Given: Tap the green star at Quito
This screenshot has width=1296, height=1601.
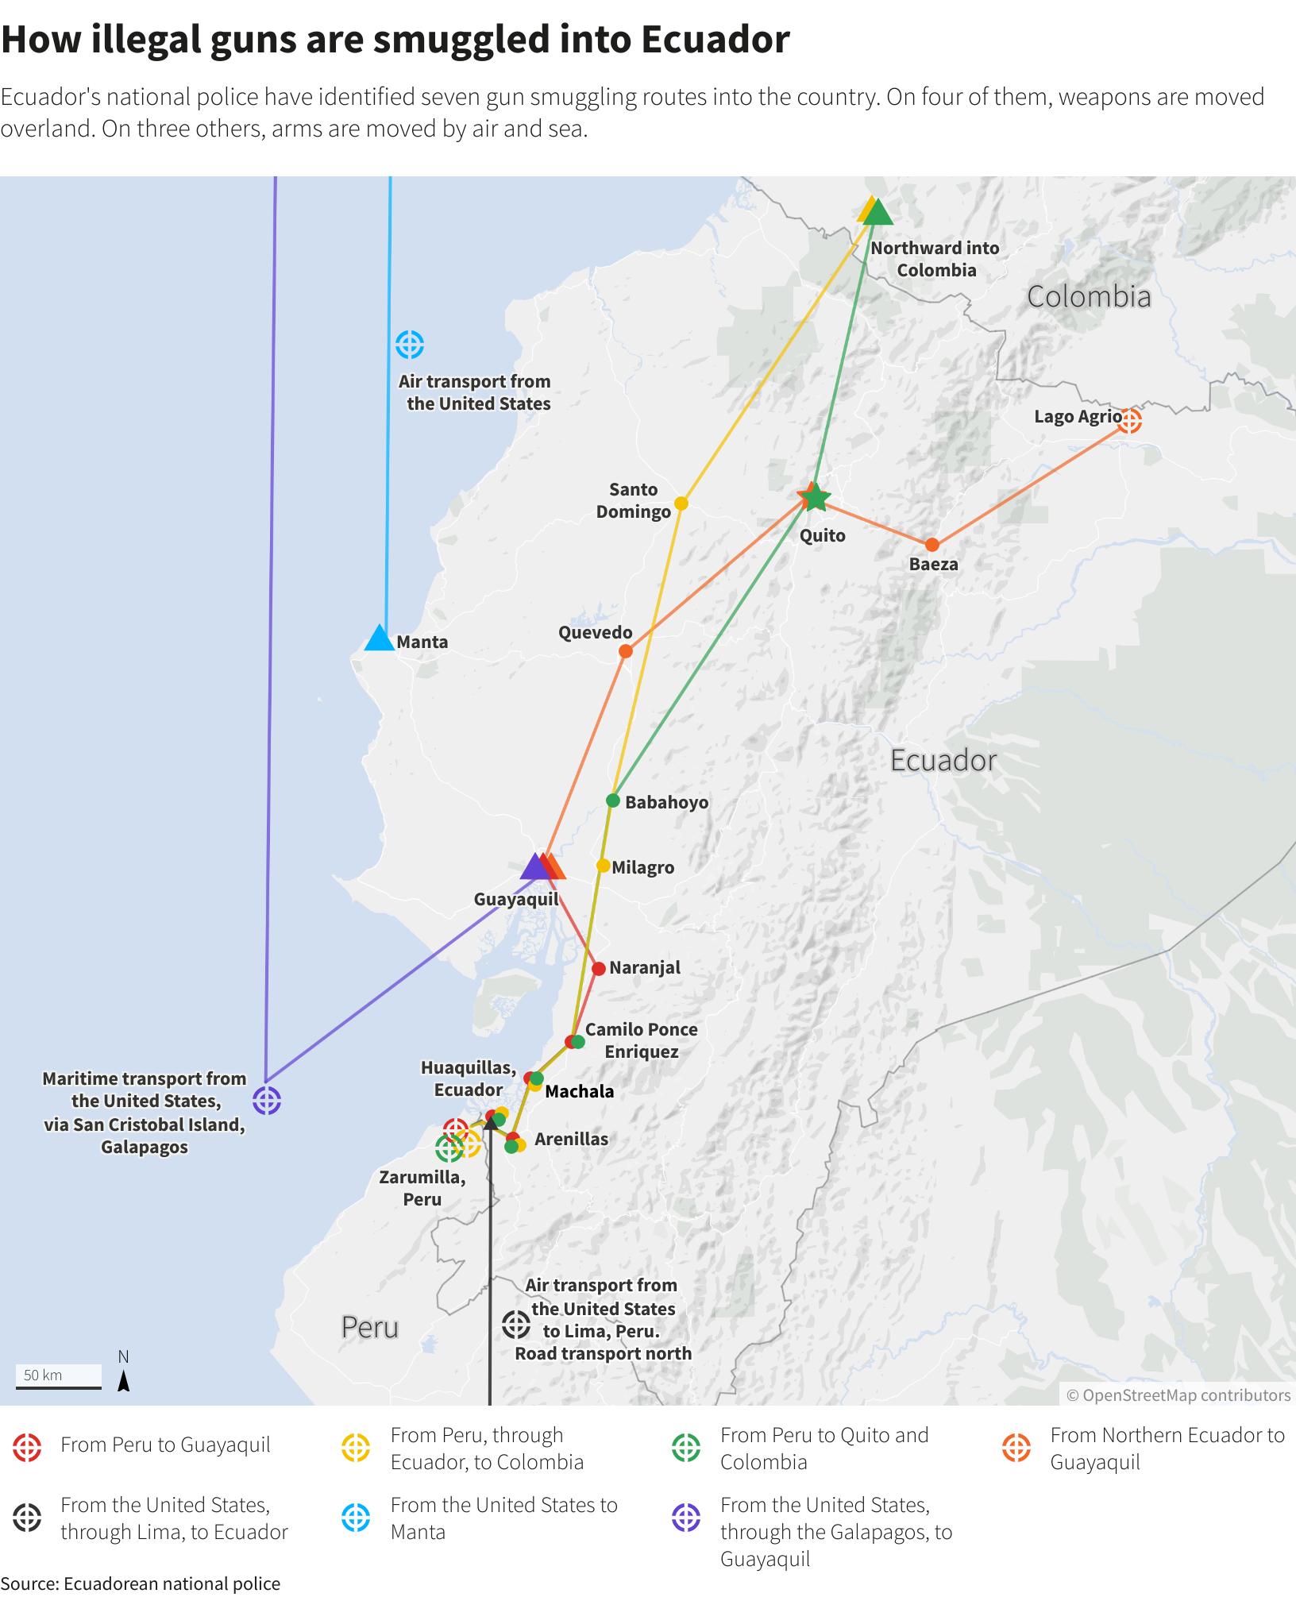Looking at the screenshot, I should pos(816,498).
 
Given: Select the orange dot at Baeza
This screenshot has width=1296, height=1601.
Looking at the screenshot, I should pos(932,545).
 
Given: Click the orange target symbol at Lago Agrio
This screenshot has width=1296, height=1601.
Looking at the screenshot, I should pos(1129,420).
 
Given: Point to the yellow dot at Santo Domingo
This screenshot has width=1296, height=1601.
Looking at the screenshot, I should pos(681,503).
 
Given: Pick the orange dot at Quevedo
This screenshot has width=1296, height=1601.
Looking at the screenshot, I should pos(626,651).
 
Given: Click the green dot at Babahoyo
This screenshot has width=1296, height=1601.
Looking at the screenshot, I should pos(613,800).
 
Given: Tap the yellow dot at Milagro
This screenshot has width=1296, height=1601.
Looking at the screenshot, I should pos(604,866).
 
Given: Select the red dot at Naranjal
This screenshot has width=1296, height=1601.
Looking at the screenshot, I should pos(599,969).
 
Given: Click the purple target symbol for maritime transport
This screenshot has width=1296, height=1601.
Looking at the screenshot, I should pos(267,1101).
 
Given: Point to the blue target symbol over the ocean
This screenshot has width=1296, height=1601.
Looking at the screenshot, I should pos(410,345).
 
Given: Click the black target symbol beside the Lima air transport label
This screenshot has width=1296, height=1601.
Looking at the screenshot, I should pos(516,1324).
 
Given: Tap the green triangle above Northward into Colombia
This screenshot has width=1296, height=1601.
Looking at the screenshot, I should pos(877,213).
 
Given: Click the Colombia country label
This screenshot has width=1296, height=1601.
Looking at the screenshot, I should pos(1089,297).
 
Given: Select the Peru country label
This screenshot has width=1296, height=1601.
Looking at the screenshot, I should pos(369,1327).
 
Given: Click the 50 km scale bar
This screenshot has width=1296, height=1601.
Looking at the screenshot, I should pos(59,1376).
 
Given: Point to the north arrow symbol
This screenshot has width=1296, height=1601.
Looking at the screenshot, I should pos(124,1381).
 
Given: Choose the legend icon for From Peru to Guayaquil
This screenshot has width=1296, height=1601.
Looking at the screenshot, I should pos(27,1448).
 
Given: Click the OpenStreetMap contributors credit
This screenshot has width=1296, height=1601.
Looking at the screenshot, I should pos(1178,1395).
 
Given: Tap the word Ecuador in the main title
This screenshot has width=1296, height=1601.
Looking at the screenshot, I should pos(715,40).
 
